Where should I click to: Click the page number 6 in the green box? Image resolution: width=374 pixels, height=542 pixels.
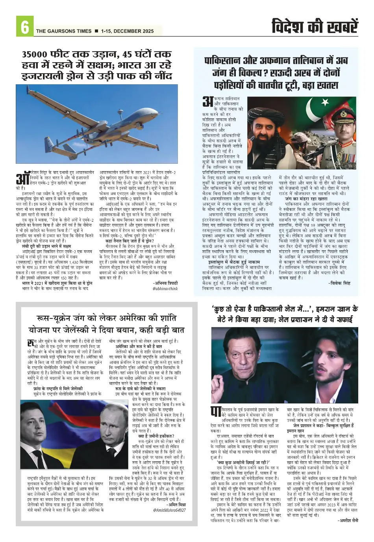click(24, 28)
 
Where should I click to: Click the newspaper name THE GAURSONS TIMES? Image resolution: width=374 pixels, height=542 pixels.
click(64, 31)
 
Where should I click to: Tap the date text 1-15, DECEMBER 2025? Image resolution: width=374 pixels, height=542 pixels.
click(127, 31)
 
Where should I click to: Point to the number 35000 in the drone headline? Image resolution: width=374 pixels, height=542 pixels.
click(35, 54)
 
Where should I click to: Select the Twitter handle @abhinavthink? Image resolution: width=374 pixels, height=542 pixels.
click(165, 289)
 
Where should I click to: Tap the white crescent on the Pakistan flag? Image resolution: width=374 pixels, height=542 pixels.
click(325, 103)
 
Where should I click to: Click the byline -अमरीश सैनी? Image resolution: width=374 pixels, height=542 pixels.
click(348, 520)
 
